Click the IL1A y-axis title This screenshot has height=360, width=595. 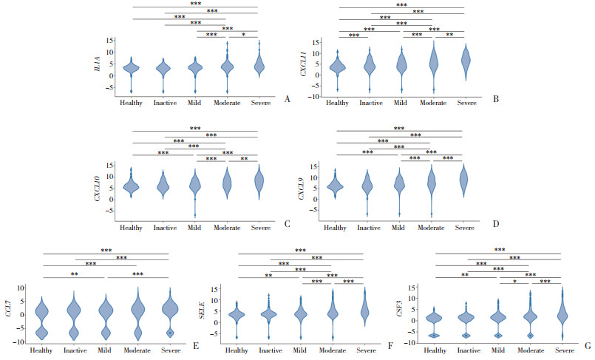point(97,67)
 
